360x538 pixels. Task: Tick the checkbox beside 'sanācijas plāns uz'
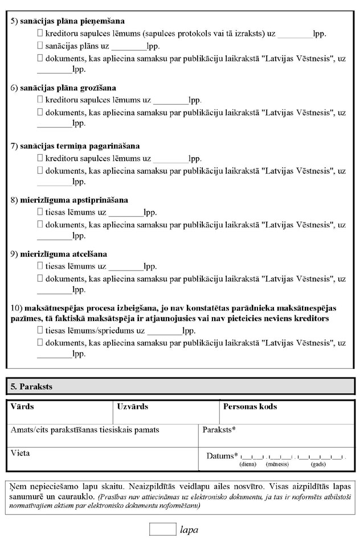click(x=40, y=46)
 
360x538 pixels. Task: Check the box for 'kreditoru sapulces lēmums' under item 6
click(x=40, y=100)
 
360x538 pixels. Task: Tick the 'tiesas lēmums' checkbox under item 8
click(x=40, y=212)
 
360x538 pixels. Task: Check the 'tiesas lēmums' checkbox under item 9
click(x=40, y=266)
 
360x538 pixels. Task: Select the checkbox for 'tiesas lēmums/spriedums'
click(x=40, y=330)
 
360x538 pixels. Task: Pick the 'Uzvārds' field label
click(x=133, y=407)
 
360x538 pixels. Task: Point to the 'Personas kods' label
click(x=250, y=407)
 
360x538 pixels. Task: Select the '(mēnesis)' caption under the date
click(x=277, y=465)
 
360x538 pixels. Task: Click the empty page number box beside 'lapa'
click(x=162, y=529)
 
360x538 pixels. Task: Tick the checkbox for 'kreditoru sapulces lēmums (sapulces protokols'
click(x=40, y=34)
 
